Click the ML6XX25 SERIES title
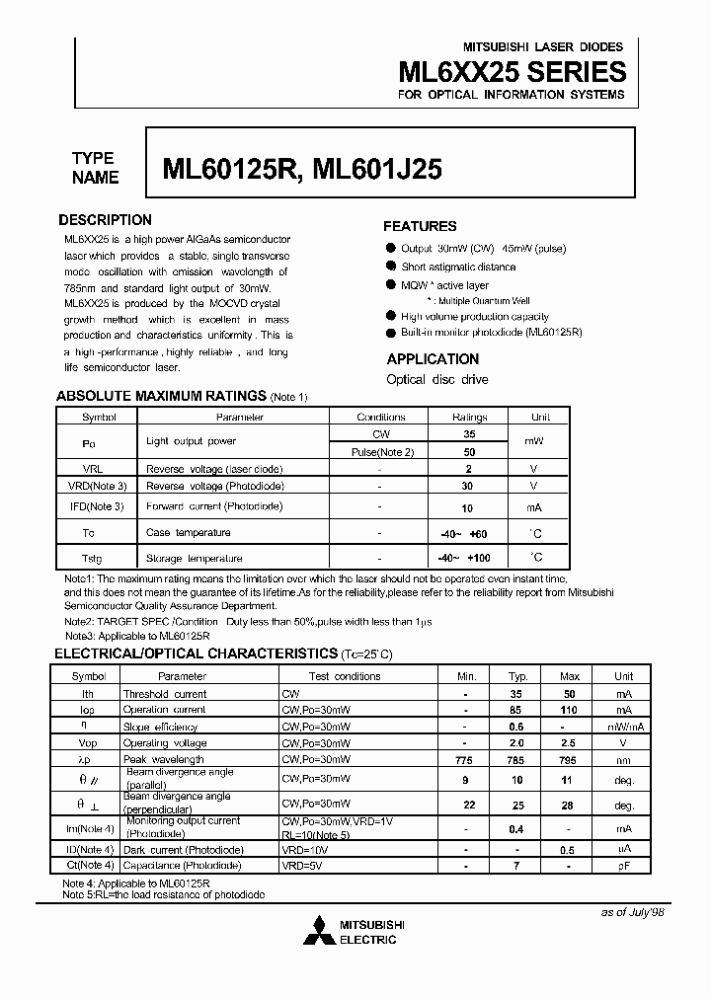tap(512, 71)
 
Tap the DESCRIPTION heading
tap(105, 220)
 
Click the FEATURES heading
tap(420, 226)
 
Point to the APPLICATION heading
tap(433, 359)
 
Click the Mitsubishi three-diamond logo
tap(318, 931)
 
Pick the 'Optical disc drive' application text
tap(437, 379)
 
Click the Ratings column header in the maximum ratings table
tap(469, 417)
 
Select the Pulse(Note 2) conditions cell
tap(381, 451)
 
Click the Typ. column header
tap(516, 676)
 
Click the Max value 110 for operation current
tap(569, 710)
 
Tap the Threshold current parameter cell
tap(164, 694)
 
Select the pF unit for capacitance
tap(624, 866)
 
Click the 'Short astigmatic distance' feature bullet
tap(458, 267)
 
